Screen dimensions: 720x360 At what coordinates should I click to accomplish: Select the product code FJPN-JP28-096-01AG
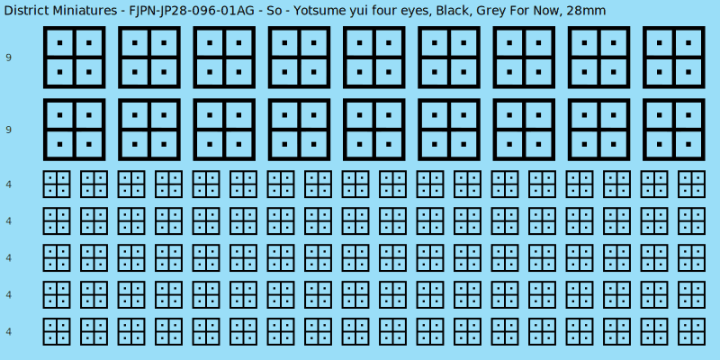point(193,10)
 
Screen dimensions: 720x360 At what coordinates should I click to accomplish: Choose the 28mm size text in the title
point(586,10)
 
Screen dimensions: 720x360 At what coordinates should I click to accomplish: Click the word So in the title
point(274,10)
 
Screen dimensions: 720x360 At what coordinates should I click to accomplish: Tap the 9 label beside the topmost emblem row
point(9,58)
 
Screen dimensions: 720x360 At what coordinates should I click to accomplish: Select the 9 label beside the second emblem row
point(9,130)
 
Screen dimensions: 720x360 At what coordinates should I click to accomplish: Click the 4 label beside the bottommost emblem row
point(9,331)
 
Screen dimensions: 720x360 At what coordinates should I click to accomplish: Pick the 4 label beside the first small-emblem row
point(9,184)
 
